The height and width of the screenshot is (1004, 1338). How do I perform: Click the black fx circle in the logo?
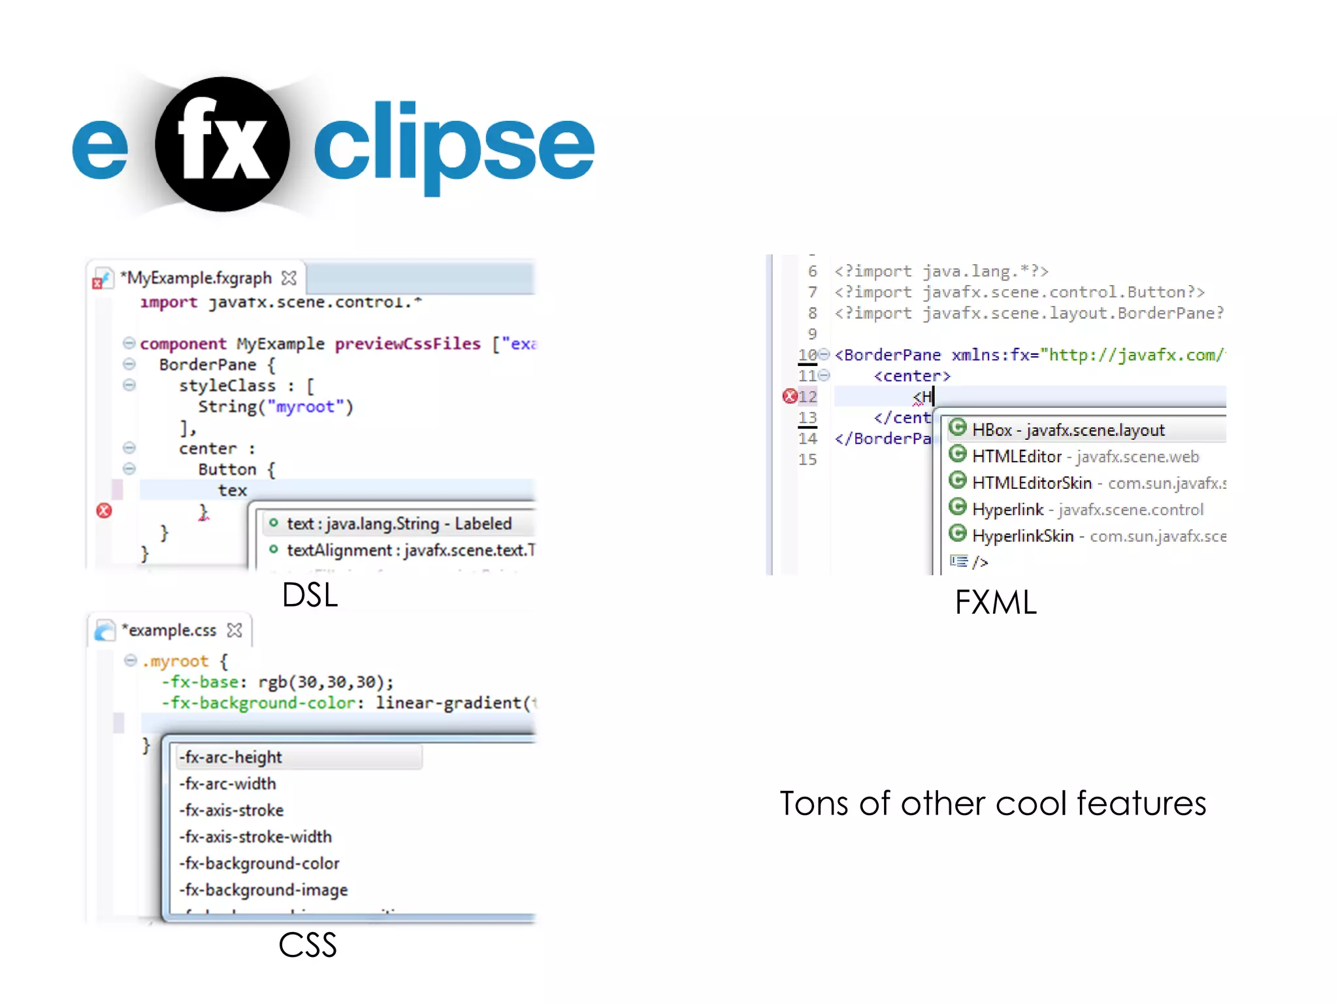click(222, 144)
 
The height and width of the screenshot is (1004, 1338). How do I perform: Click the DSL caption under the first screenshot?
click(310, 595)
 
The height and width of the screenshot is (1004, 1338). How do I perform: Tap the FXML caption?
click(995, 602)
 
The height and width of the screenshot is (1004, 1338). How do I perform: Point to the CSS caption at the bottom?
click(307, 945)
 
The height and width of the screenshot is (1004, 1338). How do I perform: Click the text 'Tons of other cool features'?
click(992, 803)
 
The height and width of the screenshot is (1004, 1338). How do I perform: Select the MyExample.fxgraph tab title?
click(199, 278)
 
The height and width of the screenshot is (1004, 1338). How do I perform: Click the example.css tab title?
click(172, 631)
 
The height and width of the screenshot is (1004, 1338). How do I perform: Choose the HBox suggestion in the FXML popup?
click(1068, 430)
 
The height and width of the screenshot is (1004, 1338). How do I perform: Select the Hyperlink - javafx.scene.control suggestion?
click(1087, 510)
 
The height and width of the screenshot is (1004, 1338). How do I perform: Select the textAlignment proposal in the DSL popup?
click(410, 550)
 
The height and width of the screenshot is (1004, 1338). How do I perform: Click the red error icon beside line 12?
click(790, 396)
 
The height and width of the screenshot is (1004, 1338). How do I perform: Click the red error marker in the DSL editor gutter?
click(104, 510)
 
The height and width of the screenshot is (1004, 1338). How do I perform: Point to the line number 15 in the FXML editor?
click(808, 460)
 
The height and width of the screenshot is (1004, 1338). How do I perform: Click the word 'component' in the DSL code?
click(183, 344)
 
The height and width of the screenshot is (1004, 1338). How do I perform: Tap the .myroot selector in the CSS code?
click(175, 661)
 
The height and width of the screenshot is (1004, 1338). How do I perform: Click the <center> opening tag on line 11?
click(912, 376)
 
